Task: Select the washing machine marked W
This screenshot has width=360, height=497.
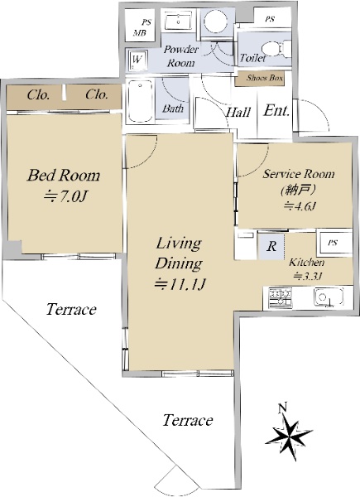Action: click(137, 60)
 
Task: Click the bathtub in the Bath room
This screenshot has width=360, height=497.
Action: click(141, 101)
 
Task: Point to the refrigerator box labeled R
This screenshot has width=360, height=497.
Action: click(271, 246)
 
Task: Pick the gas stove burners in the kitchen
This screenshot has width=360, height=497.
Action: click(280, 297)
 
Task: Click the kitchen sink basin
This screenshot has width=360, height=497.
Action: click(329, 297)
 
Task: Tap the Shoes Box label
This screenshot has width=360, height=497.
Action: click(264, 78)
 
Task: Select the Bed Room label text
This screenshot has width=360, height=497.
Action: click(64, 175)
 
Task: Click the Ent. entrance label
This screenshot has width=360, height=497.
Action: click(276, 111)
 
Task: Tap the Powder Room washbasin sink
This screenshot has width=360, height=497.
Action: click(178, 20)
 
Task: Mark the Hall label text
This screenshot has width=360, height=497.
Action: click(238, 112)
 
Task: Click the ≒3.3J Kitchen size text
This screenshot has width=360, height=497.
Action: click(307, 276)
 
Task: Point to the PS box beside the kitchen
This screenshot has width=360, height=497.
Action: click(334, 243)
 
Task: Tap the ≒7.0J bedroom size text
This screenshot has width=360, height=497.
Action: click(65, 197)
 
